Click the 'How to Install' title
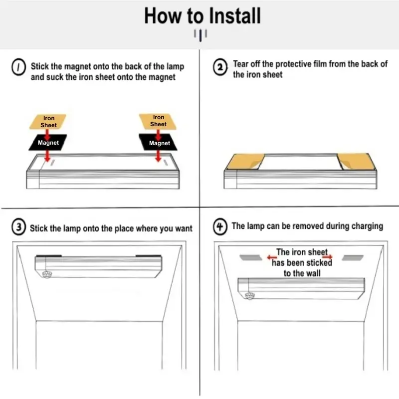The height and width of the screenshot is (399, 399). [202, 16]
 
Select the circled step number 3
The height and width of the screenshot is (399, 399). [18, 228]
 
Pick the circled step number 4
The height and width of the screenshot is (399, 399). [220, 227]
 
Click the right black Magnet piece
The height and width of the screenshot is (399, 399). [159, 143]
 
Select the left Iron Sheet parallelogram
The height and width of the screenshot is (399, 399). [48, 121]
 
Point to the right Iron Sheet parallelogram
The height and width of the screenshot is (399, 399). [158, 121]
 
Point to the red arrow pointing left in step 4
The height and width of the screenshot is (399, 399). [271, 257]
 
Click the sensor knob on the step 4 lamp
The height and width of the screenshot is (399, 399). [250, 295]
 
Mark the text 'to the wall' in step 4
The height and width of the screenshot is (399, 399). [302, 273]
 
